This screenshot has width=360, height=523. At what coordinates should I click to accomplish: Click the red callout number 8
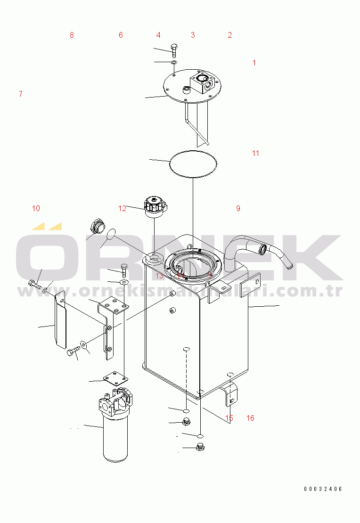[72, 35]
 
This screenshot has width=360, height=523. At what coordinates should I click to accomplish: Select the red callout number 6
[121, 35]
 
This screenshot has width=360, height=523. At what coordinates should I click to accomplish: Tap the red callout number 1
[254, 63]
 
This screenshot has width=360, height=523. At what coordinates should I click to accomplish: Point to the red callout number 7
[21, 94]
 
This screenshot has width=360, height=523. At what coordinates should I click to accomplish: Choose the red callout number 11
[255, 153]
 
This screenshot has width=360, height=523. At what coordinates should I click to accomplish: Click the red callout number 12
[122, 208]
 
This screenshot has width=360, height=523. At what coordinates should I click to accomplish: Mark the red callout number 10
[36, 208]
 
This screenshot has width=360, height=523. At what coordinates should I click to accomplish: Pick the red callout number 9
[238, 208]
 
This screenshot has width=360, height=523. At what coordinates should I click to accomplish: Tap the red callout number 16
[250, 418]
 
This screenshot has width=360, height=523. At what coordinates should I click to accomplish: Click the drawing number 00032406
[323, 489]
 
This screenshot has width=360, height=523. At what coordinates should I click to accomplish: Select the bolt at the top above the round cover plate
[174, 50]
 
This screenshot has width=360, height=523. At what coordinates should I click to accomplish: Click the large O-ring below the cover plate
[193, 164]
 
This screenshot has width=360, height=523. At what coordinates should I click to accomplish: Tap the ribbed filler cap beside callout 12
[155, 207]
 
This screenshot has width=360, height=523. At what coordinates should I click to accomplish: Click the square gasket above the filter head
[115, 379]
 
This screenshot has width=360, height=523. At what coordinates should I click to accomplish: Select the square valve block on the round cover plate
[202, 83]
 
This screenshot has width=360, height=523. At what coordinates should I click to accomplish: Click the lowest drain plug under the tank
[200, 447]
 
